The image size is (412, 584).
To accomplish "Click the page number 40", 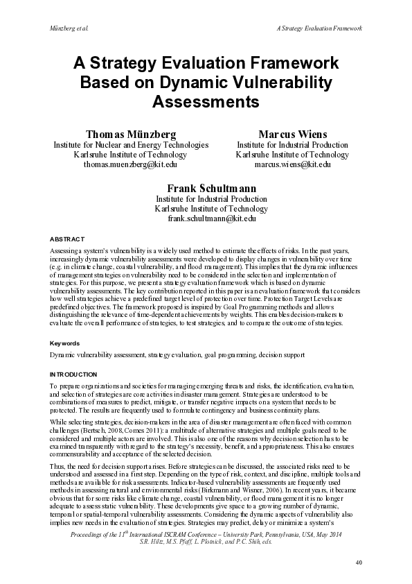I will (x=358, y=561).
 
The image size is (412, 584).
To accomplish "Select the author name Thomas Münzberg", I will (x=130, y=133).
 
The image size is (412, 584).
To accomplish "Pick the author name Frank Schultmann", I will (x=211, y=188).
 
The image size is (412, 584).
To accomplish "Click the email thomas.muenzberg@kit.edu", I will (x=130, y=165).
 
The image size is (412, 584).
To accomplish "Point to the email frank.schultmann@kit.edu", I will (x=211, y=218).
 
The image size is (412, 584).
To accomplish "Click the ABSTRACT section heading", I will (x=67, y=238).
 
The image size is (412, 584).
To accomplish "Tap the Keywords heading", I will (x=64, y=343).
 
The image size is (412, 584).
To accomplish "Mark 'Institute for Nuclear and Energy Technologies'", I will (x=131, y=145).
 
